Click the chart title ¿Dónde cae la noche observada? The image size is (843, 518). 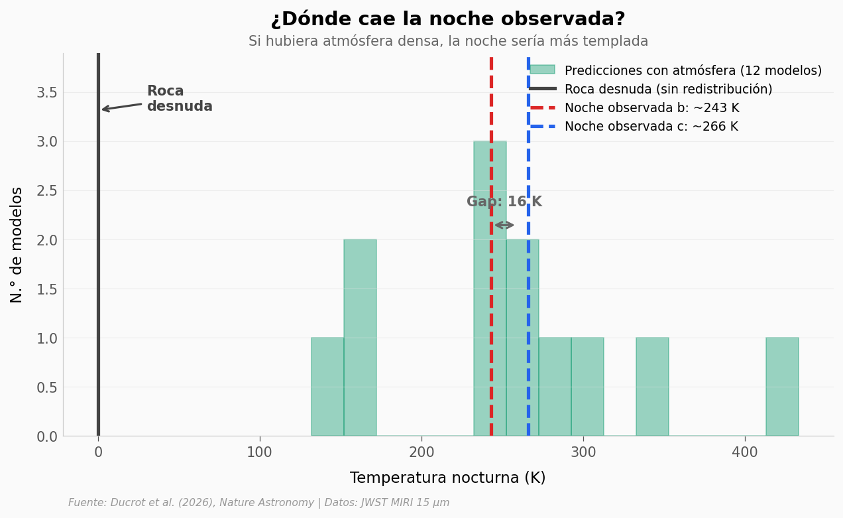[448, 19]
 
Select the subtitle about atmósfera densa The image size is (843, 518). [448, 41]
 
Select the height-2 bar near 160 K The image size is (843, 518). [360, 338]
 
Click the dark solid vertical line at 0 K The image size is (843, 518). [98, 265]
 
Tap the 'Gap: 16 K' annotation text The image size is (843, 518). [504, 202]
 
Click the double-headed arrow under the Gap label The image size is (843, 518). [504, 226]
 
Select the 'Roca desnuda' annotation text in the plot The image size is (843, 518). [179, 99]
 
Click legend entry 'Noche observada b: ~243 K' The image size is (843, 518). [651, 108]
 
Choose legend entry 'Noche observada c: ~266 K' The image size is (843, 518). [650, 127]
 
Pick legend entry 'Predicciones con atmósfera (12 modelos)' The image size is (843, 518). [692, 71]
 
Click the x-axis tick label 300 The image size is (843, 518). [583, 454]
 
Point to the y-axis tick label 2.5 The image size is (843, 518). [46, 191]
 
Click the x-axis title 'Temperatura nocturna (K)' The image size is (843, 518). [447, 478]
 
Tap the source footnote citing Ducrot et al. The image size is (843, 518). [258, 503]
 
